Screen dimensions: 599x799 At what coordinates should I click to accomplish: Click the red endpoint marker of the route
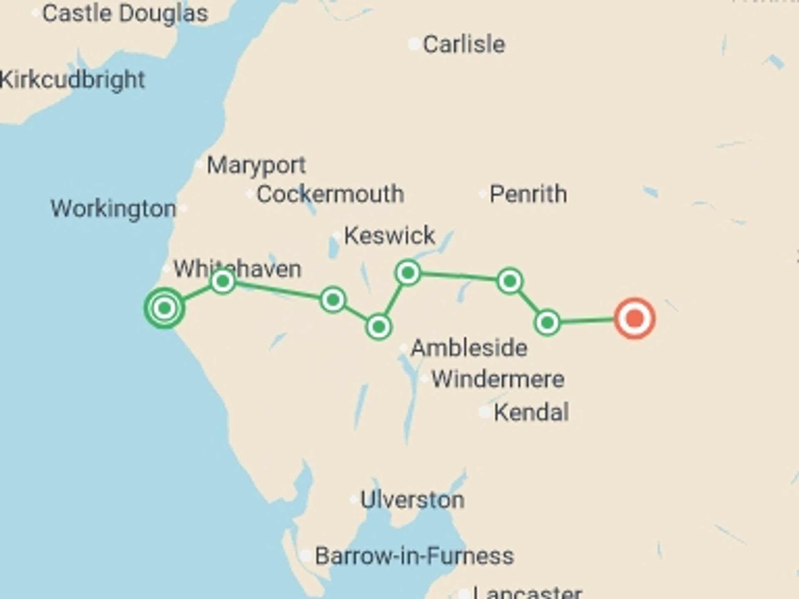pos(635,319)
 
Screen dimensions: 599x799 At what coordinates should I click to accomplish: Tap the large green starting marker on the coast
pos(165,308)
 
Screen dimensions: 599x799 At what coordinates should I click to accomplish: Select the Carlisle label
pos(464,44)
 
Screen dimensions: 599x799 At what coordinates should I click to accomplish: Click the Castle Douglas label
pos(125,13)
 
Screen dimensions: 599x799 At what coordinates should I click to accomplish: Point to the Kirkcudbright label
pos(72,79)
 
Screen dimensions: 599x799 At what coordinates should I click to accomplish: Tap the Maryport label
pos(256,165)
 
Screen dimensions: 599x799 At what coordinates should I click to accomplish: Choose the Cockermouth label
pos(330,194)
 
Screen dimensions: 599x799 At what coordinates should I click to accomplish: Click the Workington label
pos(113,208)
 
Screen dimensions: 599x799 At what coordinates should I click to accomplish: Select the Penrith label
pos(528,194)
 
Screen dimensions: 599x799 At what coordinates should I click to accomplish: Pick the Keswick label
pos(390,235)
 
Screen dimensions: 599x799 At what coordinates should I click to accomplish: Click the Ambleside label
pos(469,348)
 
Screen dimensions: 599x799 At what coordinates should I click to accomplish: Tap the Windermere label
pos(498,379)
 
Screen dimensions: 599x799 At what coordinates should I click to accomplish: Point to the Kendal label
pos(531,412)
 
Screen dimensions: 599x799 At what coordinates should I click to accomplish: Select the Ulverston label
pos(412,500)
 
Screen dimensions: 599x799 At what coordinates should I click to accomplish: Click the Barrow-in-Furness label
pos(414,556)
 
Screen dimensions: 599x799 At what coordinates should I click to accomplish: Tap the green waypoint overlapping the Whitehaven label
pos(223,282)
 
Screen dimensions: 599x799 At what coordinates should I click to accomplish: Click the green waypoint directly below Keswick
pos(408,273)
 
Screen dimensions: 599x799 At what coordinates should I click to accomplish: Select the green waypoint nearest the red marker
pos(547,322)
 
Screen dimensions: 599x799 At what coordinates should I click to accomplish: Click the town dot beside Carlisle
pos(414,44)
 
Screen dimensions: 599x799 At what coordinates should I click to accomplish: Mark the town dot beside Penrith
pos(482,194)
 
